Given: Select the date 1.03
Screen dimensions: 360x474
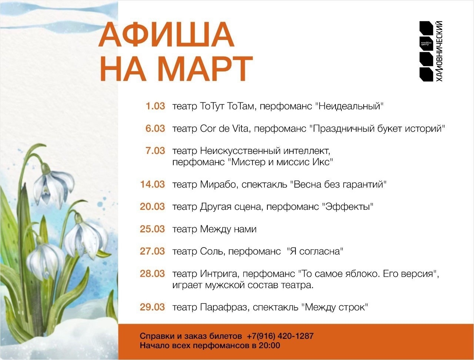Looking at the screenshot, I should point(155,106).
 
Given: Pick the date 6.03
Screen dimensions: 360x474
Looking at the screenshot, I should point(155,128).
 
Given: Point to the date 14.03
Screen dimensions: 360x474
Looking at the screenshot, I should point(152,184).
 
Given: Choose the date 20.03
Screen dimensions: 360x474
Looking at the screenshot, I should point(152,206).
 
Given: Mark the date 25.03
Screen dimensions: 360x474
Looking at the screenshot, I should point(152,229).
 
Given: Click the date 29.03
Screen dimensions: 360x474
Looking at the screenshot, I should point(152,307).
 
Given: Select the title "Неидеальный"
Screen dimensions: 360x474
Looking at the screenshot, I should point(350,106).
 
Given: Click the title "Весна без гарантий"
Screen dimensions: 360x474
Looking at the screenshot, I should point(338,184).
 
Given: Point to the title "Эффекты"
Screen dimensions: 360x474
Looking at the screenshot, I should point(348,206).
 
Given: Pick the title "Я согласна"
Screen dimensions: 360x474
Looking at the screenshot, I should point(316,252).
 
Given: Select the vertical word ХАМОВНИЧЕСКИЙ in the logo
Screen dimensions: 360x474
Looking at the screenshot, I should point(440,51).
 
